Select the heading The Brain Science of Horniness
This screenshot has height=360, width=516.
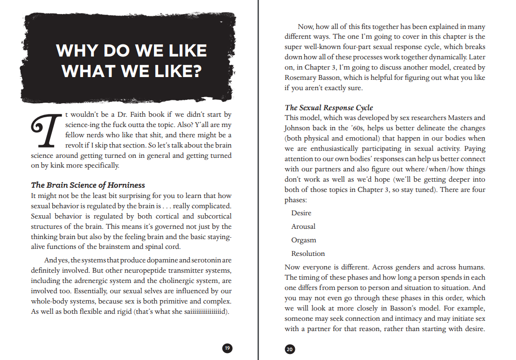(x=88, y=185)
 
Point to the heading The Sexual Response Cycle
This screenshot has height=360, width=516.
(x=329, y=108)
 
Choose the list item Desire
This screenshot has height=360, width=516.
(x=301, y=213)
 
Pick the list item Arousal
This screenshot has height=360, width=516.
(x=303, y=226)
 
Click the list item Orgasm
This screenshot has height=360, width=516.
(x=304, y=240)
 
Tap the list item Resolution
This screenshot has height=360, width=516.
(x=308, y=254)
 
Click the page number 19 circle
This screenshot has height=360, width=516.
(x=227, y=348)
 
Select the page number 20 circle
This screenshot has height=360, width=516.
(x=290, y=349)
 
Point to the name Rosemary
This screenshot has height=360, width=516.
(x=301, y=78)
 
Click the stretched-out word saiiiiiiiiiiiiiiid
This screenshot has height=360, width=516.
(x=203, y=311)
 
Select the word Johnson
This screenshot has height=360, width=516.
(x=299, y=128)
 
